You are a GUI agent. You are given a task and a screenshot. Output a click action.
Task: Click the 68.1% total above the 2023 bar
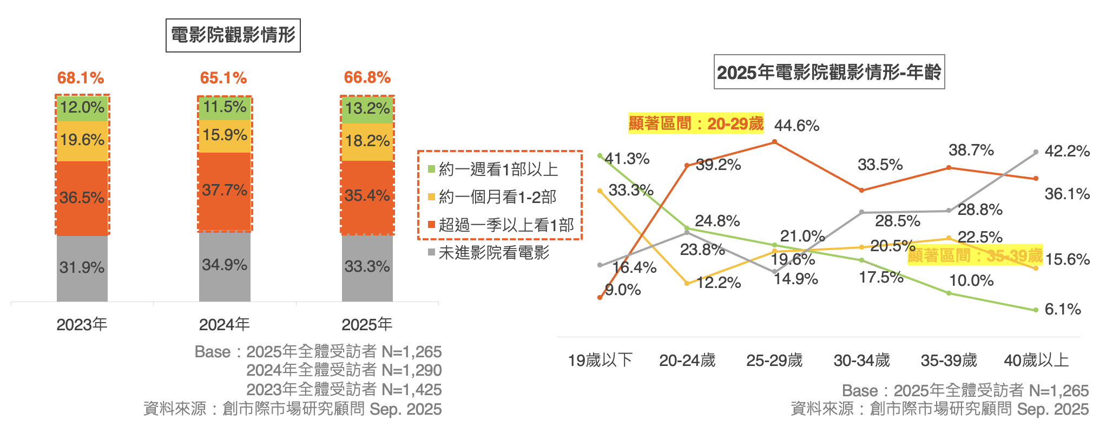pos(81,78)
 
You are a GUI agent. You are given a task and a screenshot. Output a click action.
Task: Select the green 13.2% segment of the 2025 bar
pos(367,109)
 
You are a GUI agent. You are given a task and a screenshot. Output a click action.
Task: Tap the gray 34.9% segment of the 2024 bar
pos(225,265)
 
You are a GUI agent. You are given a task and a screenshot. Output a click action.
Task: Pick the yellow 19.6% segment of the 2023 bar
pos(82,140)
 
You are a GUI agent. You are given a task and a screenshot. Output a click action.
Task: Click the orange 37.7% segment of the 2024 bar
pos(225,191)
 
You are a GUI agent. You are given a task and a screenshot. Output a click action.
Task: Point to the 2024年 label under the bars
pos(224,324)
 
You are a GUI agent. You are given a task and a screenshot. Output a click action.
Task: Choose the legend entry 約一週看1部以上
pos(498,169)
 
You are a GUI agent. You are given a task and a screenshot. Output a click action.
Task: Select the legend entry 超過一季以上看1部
pos(505,225)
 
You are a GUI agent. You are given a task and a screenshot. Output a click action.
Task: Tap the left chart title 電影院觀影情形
pos(233,36)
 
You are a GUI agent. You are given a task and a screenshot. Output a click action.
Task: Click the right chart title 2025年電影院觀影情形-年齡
pos(829,72)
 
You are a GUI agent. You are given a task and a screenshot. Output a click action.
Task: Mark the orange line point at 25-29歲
pos(774,142)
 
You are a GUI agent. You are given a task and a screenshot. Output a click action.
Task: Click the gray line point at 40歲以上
pos(1036,152)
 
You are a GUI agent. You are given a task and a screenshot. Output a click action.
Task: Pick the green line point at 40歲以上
pos(1036,310)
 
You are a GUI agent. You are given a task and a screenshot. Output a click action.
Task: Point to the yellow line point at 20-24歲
pos(687,283)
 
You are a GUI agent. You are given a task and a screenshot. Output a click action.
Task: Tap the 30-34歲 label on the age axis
pos(861,360)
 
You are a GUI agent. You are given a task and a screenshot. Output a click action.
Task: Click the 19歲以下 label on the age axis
pos(600,360)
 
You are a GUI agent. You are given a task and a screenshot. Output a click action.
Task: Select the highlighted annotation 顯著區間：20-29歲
pos(696,123)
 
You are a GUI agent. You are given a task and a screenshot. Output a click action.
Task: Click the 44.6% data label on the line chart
pos(796,126)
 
